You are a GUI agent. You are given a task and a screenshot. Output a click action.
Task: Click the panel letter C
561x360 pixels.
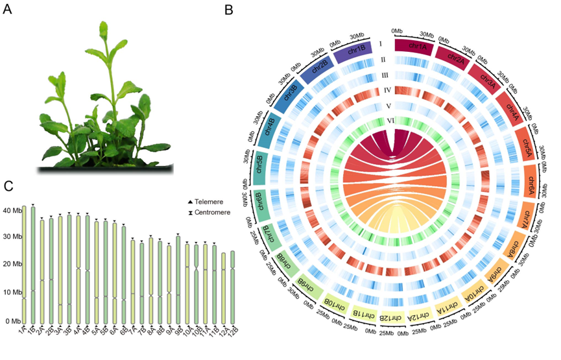click(x=9, y=187)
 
